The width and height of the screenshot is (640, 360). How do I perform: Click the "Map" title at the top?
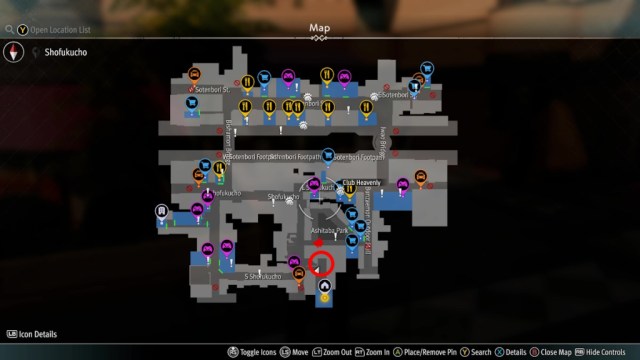click(319, 27)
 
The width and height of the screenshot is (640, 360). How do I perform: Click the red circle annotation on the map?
click(321, 264)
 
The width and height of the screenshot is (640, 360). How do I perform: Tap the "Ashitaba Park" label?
click(328, 231)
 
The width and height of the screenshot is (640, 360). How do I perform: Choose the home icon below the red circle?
click(324, 285)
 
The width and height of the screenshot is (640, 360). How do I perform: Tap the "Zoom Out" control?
click(338, 352)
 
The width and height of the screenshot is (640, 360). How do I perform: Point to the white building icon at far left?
click(161, 211)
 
